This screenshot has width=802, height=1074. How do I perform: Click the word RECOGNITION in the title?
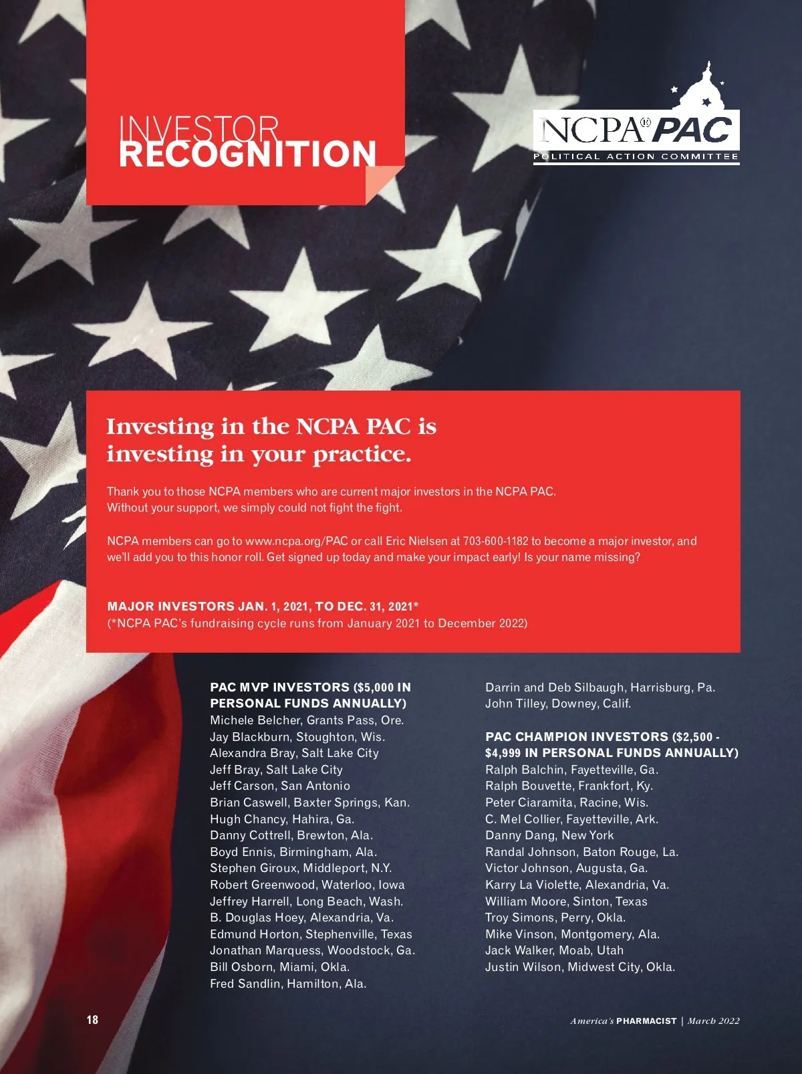pyautogui.click(x=247, y=154)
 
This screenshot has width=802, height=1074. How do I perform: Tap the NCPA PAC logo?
pyautogui.click(x=636, y=130)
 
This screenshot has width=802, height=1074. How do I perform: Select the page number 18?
pyautogui.click(x=92, y=1019)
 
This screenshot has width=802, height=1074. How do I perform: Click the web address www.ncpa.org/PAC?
pyautogui.click(x=297, y=541)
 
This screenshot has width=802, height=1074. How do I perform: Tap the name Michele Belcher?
pyautogui.click(x=256, y=720)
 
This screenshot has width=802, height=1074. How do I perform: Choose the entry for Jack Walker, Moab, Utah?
pyautogui.click(x=554, y=950)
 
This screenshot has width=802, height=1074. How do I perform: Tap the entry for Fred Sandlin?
pyautogui.click(x=288, y=984)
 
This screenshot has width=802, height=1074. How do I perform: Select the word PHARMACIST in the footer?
pyautogui.click(x=646, y=1021)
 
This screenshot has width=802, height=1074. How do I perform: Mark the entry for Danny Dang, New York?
pyautogui.click(x=549, y=835)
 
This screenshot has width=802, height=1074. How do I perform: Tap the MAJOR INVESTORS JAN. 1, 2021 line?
pyautogui.click(x=263, y=607)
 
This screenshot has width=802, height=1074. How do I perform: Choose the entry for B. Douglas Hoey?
pyautogui.click(x=301, y=918)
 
